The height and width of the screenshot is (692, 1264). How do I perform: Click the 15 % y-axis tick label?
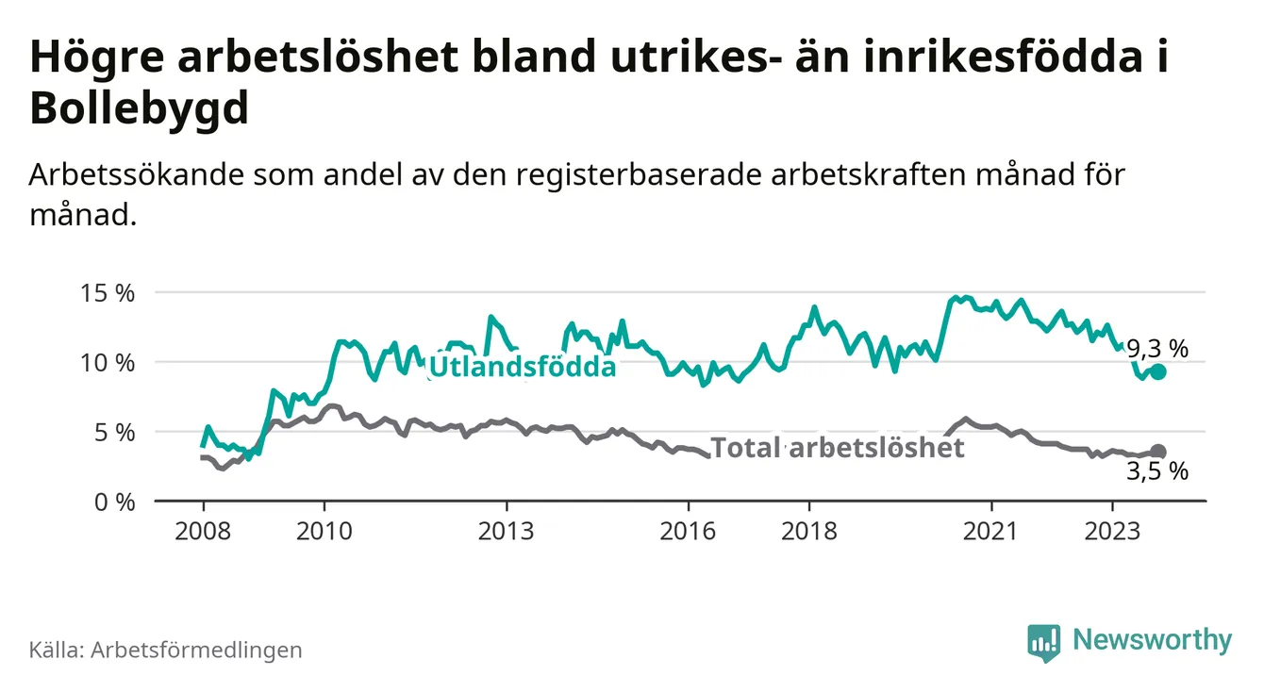[x=110, y=293]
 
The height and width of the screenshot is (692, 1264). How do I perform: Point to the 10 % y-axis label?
[x=110, y=363]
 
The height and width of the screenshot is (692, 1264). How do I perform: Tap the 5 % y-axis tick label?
[x=116, y=432]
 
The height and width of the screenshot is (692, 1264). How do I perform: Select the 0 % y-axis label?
[x=116, y=501]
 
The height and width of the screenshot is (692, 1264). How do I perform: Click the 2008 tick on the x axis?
[x=203, y=531]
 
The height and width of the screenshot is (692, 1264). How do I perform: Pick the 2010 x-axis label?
[x=324, y=531]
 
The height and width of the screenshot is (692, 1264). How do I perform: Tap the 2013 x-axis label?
[x=507, y=531]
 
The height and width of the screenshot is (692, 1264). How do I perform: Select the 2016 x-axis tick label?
[x=689, y=531]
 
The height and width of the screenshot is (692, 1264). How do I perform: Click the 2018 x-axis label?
[x=809, y=531]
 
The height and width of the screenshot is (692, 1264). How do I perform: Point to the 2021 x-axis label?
[x=991, y=531]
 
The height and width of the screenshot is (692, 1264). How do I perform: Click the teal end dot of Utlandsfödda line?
[x=1158, y=372]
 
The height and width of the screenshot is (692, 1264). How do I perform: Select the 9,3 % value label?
[x=1157, y=349]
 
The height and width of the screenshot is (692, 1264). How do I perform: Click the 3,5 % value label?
[x=1157, y=472]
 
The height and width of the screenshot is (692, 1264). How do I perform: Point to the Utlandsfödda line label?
[x=522, y=367]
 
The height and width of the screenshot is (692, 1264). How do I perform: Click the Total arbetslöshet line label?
[x=837, y=448]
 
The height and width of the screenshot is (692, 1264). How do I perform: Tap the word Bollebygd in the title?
[x=140, y=109]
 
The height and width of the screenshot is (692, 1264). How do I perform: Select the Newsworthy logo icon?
[x=1043, y=641]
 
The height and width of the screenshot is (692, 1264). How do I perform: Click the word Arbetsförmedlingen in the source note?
[x=196, y=650]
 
